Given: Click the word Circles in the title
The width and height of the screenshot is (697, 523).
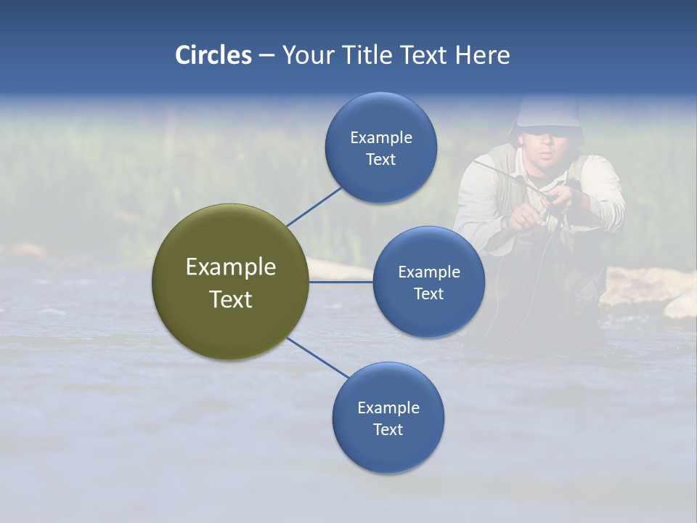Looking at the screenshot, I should [213, 55].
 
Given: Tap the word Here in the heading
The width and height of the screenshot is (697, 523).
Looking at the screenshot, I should [482, 55].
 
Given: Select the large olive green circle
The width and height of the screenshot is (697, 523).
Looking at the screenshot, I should [230, 282].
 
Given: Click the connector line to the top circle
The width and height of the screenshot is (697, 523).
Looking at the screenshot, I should [314, 207].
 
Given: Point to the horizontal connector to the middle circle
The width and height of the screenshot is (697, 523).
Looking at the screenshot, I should [341, 282].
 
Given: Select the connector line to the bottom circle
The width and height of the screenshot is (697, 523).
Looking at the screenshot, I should [318, 358].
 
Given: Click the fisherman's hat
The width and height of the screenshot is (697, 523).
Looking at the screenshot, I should [548, 113].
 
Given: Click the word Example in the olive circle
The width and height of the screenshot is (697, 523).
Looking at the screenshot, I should [230, 267].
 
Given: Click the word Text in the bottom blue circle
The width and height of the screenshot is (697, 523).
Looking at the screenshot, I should [388, 429].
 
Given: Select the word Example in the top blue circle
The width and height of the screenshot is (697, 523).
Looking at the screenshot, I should [380, 137].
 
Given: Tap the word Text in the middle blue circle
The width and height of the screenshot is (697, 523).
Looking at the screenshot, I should [428, 293].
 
